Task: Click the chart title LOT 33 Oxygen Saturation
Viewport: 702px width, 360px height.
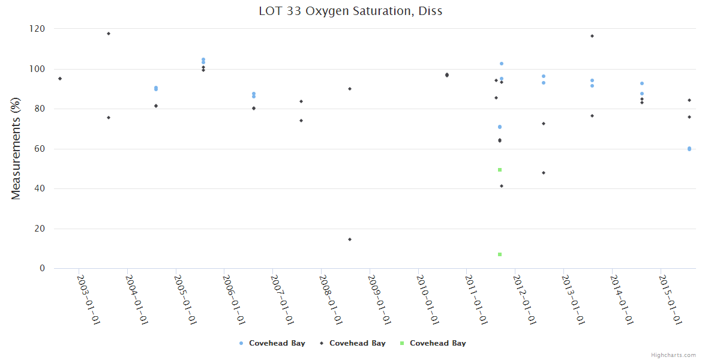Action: point(350,11)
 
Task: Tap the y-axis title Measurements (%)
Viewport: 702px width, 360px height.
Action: point(16,149)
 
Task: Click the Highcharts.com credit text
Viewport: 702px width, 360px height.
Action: point(673,355)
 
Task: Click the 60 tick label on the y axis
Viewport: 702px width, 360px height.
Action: point(40,149)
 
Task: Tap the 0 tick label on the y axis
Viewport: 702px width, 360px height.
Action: point(42,268)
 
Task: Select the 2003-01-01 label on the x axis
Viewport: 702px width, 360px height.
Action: point(88,299)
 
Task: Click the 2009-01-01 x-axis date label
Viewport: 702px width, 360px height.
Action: point(379,299)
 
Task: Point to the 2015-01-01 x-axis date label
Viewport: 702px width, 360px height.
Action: point(670,299)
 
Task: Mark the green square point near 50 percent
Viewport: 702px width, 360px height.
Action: point(500,170)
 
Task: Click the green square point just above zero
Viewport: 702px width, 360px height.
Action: point(500,254)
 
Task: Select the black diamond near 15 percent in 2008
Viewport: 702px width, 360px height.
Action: point(350,239)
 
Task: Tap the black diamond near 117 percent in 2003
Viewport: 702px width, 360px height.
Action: point(109,34)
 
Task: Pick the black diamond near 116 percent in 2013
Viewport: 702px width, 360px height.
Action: point(592,36)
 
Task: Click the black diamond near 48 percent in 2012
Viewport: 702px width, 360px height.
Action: point(544,173)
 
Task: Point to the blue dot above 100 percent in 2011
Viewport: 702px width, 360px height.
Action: point(502,64)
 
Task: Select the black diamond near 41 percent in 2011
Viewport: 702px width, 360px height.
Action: point(502,186)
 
